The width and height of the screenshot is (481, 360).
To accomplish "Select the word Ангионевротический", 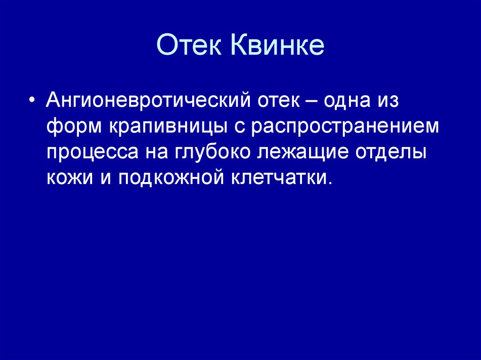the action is pos(148,100).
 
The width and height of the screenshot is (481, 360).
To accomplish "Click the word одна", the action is pos(347,100).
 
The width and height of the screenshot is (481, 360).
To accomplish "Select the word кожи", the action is pos(70,178).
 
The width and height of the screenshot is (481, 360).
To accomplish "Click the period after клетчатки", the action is pos(329,183).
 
